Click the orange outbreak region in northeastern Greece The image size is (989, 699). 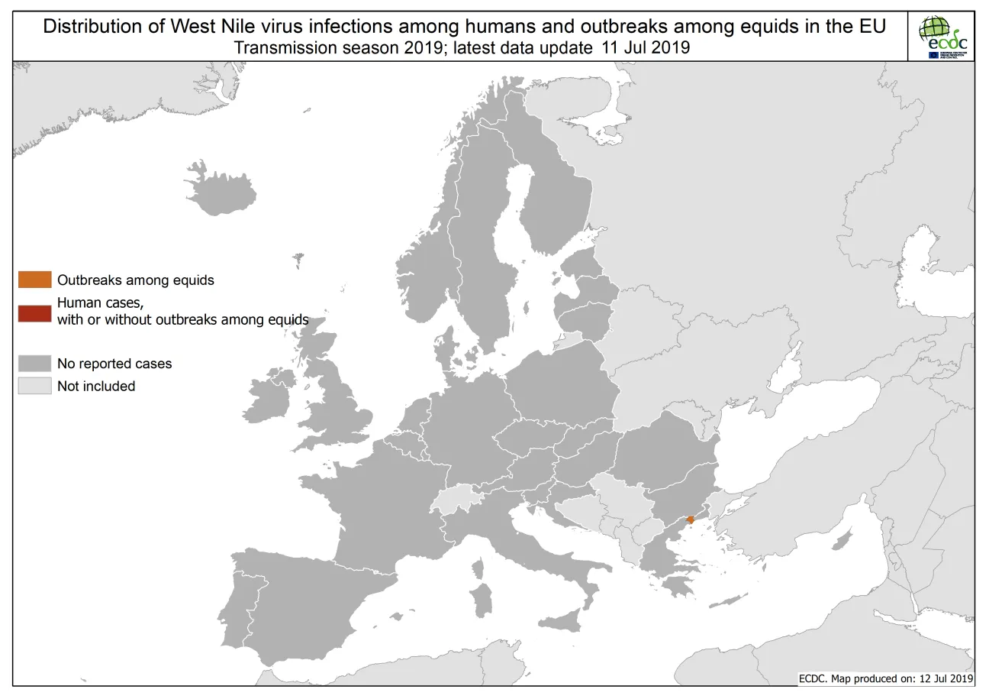[690, 519]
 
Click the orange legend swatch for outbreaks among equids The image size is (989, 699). [35, 280]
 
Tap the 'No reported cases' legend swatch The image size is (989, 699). [35, 364]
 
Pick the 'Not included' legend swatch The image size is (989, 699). [35, 386]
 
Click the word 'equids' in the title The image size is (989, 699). [788, 26]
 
